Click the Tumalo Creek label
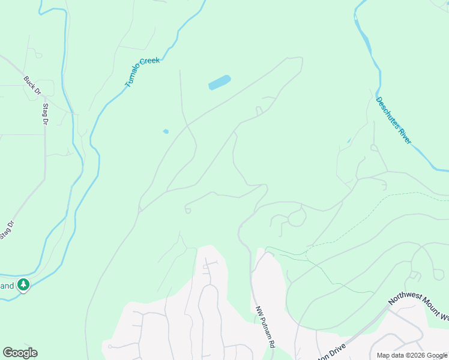[142, 72]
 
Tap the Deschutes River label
[394, 121]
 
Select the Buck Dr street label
[32, 85]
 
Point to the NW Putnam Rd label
[265, 328]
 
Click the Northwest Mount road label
[418, 307]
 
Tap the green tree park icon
[23, 284]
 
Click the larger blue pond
[220, 82]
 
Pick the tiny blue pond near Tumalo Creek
[166, 131]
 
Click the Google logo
[20, 353]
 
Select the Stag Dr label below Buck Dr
[45, 114]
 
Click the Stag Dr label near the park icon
[7, 230]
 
